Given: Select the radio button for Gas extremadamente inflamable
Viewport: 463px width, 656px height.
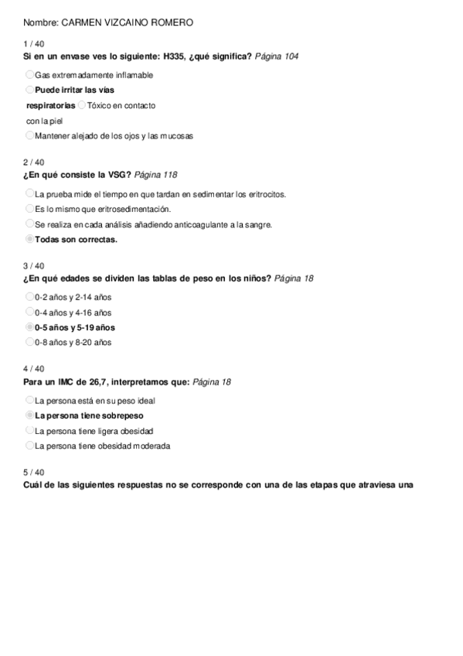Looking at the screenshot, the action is [29, 75].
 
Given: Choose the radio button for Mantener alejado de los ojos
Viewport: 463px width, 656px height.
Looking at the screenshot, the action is [29, 135].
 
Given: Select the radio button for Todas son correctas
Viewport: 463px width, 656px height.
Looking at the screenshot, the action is [29, 239].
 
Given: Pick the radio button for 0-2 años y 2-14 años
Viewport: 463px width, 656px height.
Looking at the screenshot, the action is [29, 296].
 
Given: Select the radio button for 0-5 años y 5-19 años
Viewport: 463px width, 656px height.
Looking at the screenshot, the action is [29, 327].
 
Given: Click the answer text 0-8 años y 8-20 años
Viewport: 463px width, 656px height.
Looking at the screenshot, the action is [73, 342].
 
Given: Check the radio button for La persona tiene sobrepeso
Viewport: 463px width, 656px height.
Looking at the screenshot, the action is [29, 415].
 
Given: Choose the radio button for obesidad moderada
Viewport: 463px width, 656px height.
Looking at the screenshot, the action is [29, 446].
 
